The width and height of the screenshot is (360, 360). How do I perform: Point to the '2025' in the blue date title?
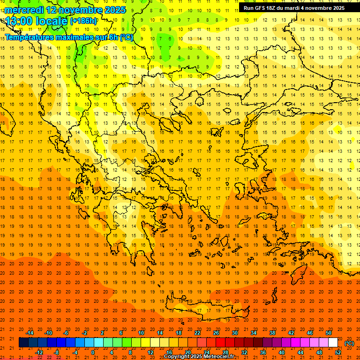(114, 10)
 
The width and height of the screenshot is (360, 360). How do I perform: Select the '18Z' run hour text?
(276, 8)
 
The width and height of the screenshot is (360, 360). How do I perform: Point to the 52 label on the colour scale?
(338, 352)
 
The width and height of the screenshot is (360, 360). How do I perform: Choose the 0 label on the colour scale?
(93, 352)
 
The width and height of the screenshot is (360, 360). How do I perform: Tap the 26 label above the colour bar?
(216, 333)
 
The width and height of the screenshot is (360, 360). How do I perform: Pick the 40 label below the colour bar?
(282, 352)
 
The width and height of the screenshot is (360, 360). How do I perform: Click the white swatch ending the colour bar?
(333, 343)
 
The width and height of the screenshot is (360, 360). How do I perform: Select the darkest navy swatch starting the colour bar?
(23, 343)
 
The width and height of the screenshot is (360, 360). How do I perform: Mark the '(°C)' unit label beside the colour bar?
(349, 343)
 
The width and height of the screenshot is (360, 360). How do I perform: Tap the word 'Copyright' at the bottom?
(177, 357)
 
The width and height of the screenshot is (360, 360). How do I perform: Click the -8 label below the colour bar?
(57, 352)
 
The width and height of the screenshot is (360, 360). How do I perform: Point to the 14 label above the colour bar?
(160, 333)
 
